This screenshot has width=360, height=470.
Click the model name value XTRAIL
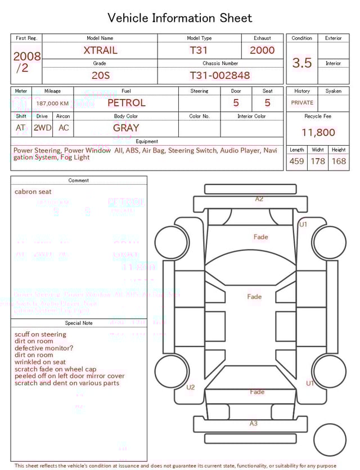point(100,50)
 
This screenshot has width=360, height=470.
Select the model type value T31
point(199,50)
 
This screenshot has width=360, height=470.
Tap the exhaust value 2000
point(262,50)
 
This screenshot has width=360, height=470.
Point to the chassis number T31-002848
point(219,75)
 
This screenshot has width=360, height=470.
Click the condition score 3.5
point(302,63)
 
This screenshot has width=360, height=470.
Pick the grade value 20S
point(101,75)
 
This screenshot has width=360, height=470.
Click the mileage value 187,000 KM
point(52,104)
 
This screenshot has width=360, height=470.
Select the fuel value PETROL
point(126,103)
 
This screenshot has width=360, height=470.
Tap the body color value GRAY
point(126,128)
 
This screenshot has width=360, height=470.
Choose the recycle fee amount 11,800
point(318,133)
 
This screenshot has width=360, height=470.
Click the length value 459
point(296,162)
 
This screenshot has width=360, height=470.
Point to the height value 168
point(339,162)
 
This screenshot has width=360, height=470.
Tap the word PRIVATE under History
point(302,103)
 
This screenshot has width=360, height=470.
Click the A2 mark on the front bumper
point(259,199)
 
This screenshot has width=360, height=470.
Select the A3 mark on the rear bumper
point(254,423)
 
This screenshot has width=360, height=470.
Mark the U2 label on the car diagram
point(191,387)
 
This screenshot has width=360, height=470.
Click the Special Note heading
point(79,323)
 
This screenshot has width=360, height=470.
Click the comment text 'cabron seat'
point(33,192)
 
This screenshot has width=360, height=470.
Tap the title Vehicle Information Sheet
point(180,18)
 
